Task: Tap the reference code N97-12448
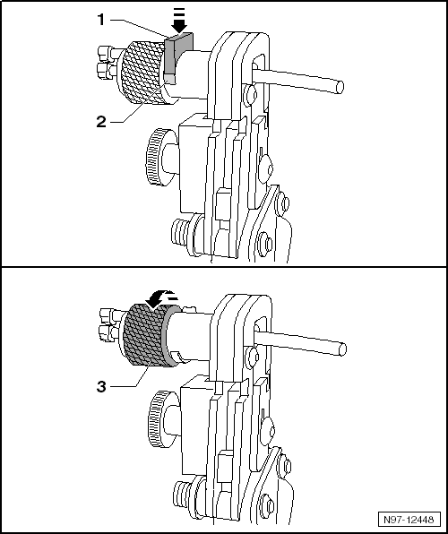click(410, 519)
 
